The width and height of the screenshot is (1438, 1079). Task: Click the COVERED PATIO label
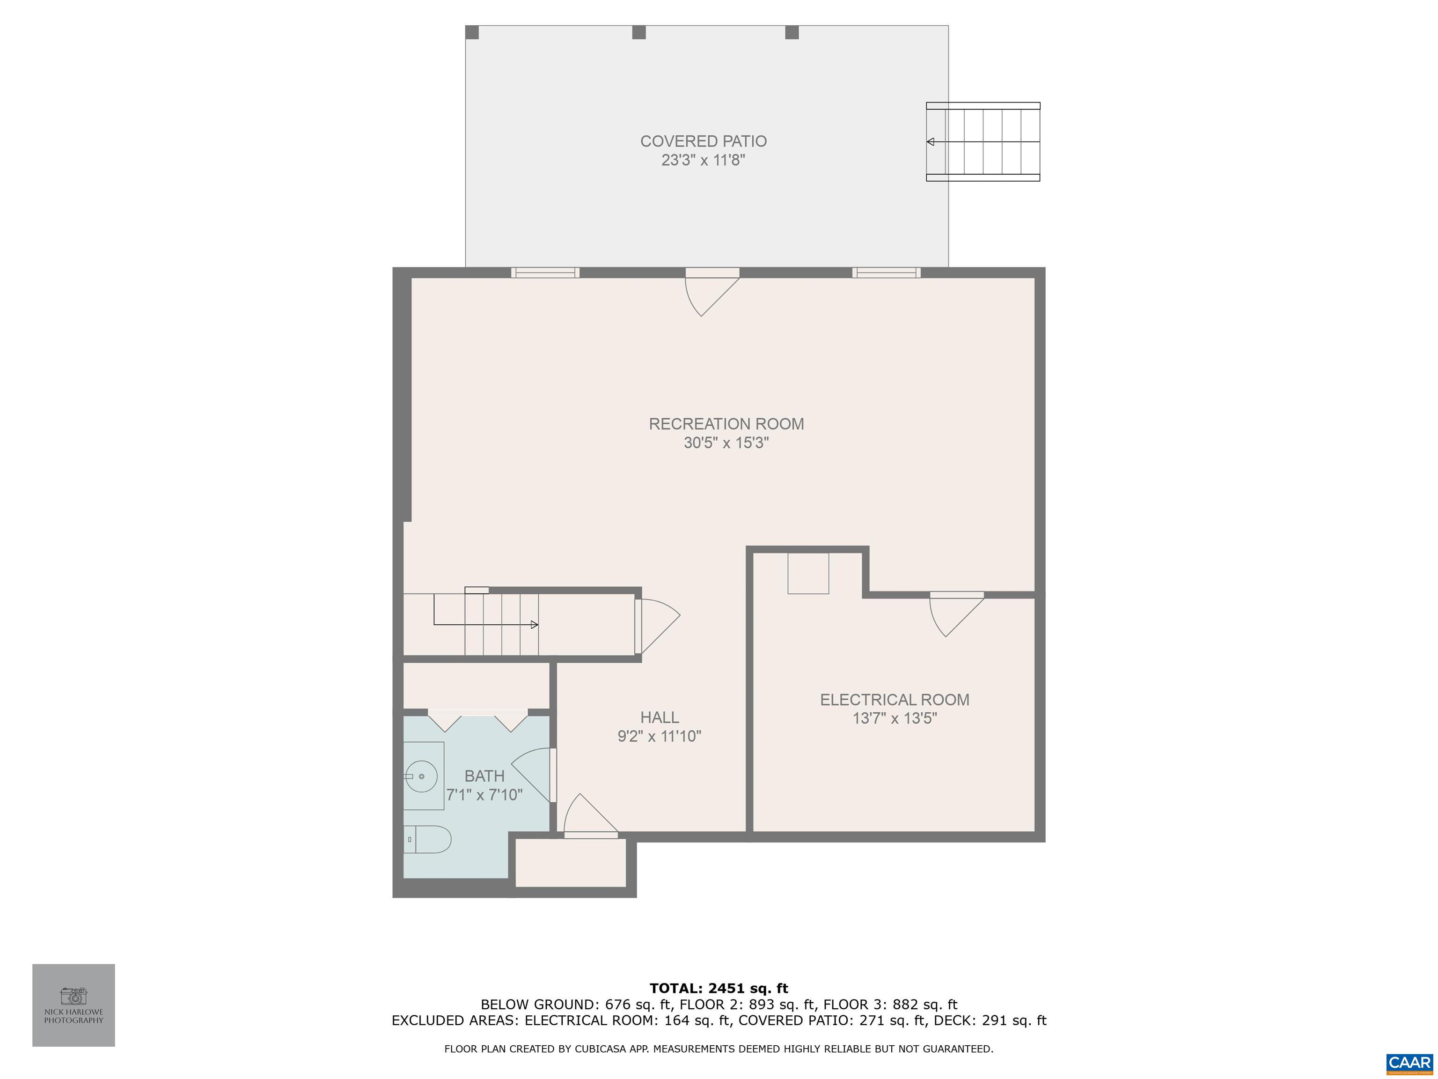click(x=704, y=141)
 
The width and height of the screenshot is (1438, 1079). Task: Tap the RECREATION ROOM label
click(x=726, y=424)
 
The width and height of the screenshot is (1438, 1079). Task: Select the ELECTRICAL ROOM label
click(x=895, y=700)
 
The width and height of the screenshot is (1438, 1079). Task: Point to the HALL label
click(x=659, y=717)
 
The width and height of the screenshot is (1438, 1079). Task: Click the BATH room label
click(x=484, y=776)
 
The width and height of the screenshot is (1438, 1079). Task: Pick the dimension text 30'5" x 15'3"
click(x=726, y=443)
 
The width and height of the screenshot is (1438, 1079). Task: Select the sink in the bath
click(x=423, y=776)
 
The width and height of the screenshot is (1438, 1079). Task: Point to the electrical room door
click(x=956, y=614)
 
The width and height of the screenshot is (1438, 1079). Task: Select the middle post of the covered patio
click(x=639, y=32)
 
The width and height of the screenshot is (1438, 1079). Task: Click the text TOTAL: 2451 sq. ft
click(x=719, y=989)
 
